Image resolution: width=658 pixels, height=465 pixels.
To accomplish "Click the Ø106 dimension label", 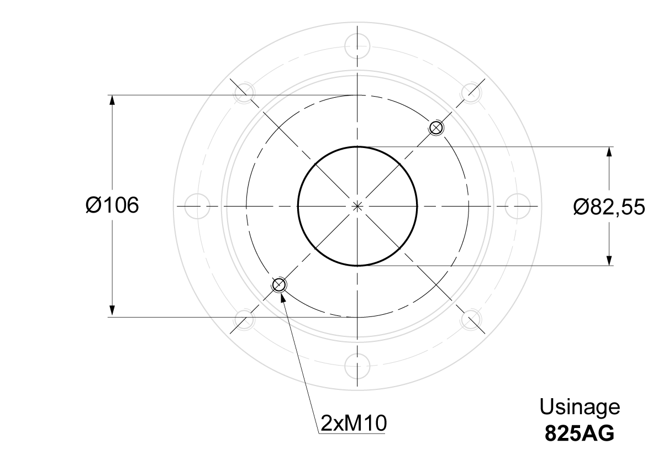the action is coord(112,205).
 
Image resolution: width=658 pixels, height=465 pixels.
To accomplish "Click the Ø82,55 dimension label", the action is coord(609,207).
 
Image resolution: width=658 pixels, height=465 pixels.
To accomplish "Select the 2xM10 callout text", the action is coord(354,423).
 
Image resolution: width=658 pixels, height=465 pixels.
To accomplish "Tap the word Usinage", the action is coord(580,406).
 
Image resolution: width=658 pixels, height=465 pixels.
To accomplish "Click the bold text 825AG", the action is coord(580,433).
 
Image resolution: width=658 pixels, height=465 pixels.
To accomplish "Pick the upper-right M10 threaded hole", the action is coord(436,128).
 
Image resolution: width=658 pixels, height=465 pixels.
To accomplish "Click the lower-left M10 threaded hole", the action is coord(278,285).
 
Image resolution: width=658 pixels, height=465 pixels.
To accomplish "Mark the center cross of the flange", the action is coord(357,207).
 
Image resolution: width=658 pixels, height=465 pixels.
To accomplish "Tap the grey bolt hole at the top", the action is coord(357,46).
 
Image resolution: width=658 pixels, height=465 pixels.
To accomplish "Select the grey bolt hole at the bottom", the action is coord(357,366).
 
